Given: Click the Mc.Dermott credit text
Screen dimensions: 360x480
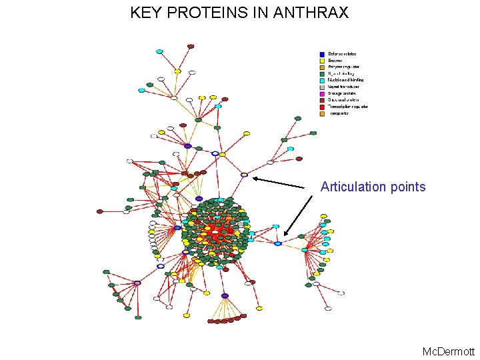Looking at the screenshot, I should [x=449, y=351].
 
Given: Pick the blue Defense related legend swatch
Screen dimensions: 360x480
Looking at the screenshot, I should [x=322, y=55].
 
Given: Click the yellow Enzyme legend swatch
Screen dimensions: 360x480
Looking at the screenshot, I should [x=322, y=61].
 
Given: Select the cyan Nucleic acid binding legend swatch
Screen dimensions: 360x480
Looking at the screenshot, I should [x=322, y=81].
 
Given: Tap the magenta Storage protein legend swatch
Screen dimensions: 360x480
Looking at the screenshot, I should [x=322, y=94].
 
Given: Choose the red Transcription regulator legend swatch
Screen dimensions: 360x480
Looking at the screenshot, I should [x=322, y=107].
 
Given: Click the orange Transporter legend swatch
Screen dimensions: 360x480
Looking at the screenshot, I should [x=322, y=113].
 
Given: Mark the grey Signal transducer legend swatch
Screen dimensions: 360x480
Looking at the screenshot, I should [x=322, y=87].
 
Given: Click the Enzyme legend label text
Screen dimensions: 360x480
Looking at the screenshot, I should [x=335, y=61].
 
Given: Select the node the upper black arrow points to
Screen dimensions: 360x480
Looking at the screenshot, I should [x=245, y=175].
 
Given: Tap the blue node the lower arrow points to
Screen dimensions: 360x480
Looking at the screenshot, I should [x=278, y=243].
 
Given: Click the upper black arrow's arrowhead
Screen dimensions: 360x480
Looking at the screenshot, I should [x=255, y=178].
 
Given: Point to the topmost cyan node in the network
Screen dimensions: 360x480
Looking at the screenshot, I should [x=159, y=51].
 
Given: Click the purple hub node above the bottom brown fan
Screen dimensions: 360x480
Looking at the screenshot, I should [x=225, y=295].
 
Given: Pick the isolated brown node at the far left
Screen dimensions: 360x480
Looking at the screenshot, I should [x=100, y=211].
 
